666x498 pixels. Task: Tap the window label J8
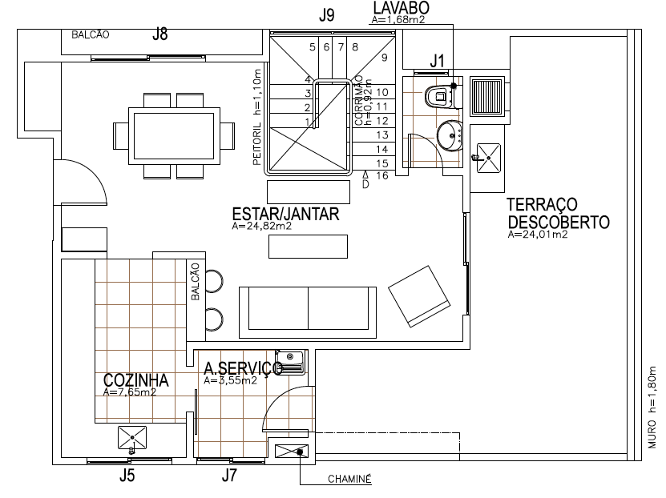(160, 34)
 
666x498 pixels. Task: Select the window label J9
(326, 14)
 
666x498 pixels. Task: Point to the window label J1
(437, 61)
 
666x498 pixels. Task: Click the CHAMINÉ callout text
(350, 480)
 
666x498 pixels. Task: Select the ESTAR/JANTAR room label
(285, 214)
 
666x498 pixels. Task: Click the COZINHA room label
(135, 380)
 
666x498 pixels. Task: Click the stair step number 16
(382, 175)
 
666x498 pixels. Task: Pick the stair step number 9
(384, 58)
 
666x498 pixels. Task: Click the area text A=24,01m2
(538, 235)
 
